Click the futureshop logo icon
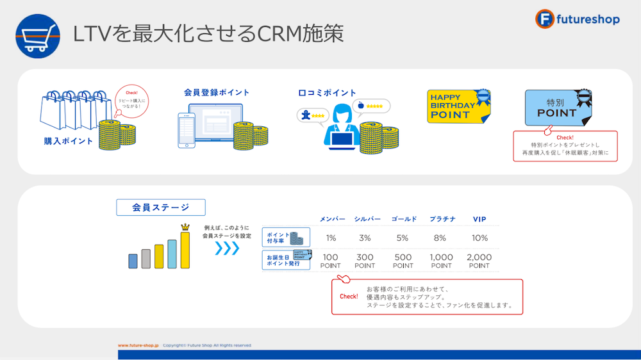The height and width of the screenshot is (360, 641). click(545, 19)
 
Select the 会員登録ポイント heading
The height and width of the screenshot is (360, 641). click(217, 92)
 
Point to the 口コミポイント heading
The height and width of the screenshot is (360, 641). click(328, 93)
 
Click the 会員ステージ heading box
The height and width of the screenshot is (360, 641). click(161, 207)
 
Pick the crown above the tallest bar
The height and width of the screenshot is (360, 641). click(186, 226)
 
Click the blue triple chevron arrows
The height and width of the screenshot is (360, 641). click(226, 248)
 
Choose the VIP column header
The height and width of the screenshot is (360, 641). click(479, 219)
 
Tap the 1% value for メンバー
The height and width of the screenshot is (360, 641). click(331, 238)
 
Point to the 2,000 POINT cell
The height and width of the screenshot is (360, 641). click(479, 261)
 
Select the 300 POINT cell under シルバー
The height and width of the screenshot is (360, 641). click(365, 261)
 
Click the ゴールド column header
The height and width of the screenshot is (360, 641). click(404, 219)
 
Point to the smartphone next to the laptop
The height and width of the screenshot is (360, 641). click(186, 131)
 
